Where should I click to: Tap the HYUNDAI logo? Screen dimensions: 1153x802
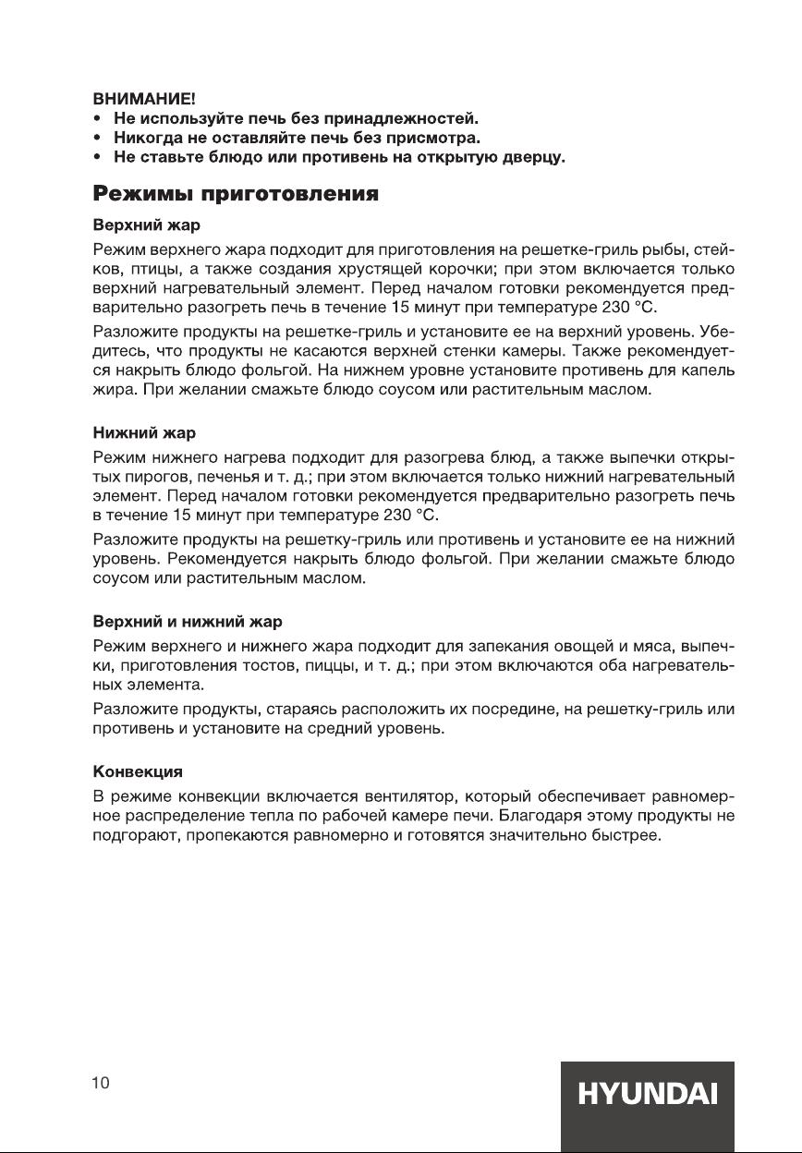[x=648, y=1096]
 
